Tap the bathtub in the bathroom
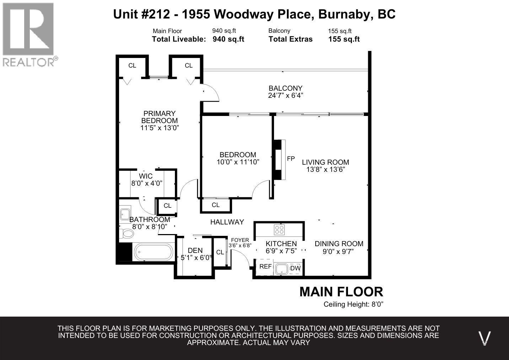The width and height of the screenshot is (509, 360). click(x=154, y=252)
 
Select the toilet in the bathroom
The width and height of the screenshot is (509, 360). click(x=127, y=233)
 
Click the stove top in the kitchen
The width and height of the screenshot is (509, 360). click(x=279, y=229)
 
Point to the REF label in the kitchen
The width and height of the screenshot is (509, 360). click(x=266, y=266)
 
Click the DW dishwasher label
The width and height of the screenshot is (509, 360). click(x=295, y=268)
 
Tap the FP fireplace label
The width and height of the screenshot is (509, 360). click(x=291, y=159)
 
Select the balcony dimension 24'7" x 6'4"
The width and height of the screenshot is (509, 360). click(x=286, y=96)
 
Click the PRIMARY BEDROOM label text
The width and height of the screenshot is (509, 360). click(x=160, y=117)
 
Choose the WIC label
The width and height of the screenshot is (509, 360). click(x=146, y=176)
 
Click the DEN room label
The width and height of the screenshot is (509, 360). click(x=195, y=250)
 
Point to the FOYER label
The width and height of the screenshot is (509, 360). click(x=240, y=240)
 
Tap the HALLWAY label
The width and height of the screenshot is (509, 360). click(x=227, y=222)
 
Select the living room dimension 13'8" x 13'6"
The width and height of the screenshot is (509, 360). click(x=326, y=169)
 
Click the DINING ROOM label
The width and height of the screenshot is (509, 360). click(x=339, y=244)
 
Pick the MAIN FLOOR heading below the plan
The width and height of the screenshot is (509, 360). click(x=341, y=292)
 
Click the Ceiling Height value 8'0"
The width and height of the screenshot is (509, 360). click(x=377, y=304)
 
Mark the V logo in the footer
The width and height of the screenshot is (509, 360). click(x=484, y=338)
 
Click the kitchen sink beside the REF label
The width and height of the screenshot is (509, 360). click(x=282, y=269)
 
